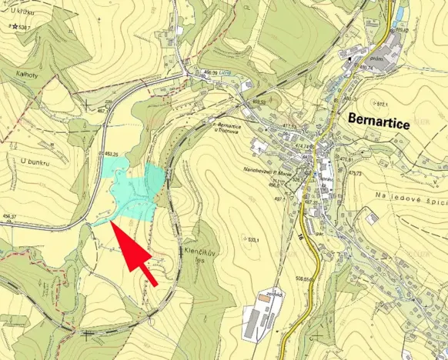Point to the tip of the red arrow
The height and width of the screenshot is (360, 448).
tap(112, 223)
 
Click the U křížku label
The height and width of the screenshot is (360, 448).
tap(24, 11)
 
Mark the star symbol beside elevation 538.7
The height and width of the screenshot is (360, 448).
tap(14, 27)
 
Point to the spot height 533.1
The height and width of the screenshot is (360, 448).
tap(252, 241)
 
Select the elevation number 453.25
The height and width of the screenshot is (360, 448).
tap(110, 155)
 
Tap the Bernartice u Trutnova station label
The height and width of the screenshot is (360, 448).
tap(235, 128)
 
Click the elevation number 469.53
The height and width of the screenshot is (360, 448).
tap(259, 101)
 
